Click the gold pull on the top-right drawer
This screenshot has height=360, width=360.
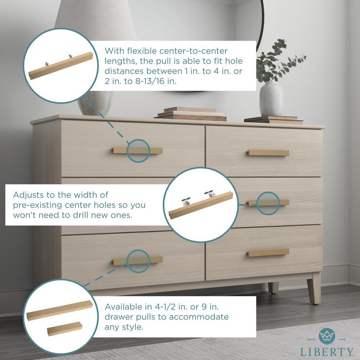tap(268, 153)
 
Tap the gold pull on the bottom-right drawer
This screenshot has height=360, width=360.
tap(268, 253)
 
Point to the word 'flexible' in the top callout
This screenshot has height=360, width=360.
tap(142, 51)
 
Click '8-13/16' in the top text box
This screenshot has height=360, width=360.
tap(150, 81)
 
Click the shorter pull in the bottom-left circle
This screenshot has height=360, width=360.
tap(65, 329)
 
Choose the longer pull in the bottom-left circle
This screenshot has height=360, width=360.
tap(60, 310)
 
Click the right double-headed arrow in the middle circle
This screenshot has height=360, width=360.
tap(208, 192)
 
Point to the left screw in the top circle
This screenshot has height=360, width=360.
tap(47, 64)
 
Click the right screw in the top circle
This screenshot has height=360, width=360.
tap(70, 56)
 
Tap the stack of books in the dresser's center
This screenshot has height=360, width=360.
tap(190, 114)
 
